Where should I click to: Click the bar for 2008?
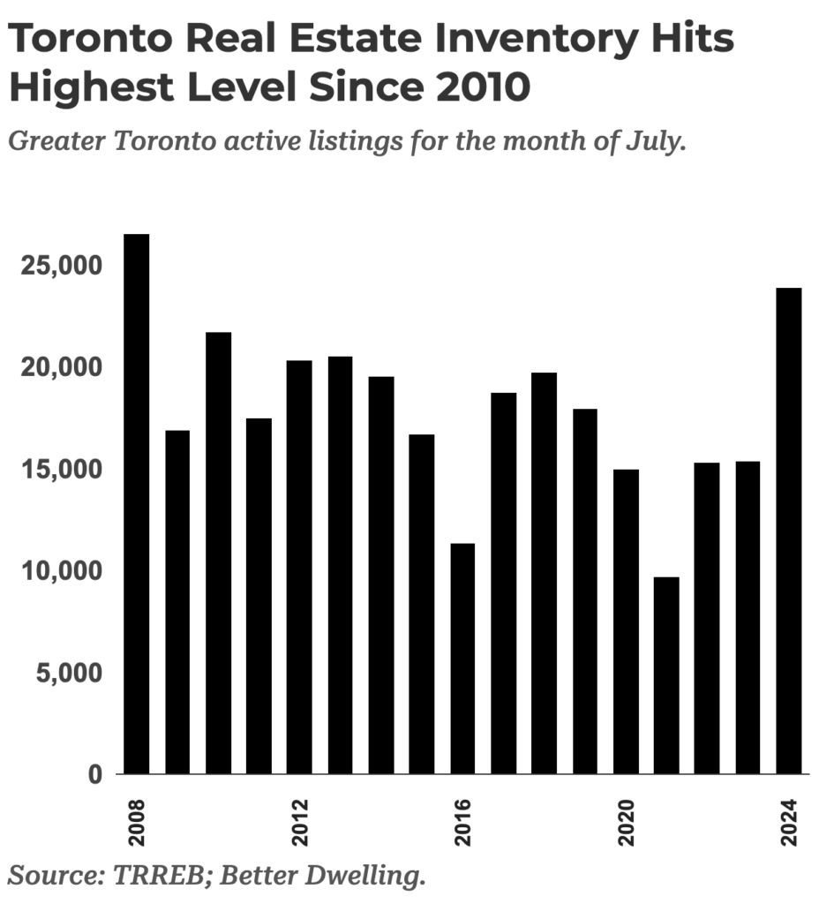(137, 504)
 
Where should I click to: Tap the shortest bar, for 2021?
(666, 675)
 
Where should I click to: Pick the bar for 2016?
(462, 659)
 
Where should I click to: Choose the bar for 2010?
(218, 553)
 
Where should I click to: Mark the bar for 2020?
(626, 621)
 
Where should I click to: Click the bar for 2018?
(545, 573)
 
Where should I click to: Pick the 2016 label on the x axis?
(463, 823)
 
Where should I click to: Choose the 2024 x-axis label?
(789, 823)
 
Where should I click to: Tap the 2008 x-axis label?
(137, 823)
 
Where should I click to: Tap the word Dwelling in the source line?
(371, 876)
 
